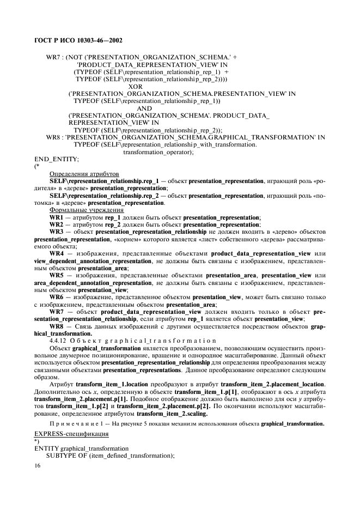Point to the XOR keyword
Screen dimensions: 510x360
click(136, 86)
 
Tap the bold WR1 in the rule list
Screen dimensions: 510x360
click(57, 217)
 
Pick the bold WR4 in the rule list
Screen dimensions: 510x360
click(57, 253)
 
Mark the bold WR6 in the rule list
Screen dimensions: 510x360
click(57, 297)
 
